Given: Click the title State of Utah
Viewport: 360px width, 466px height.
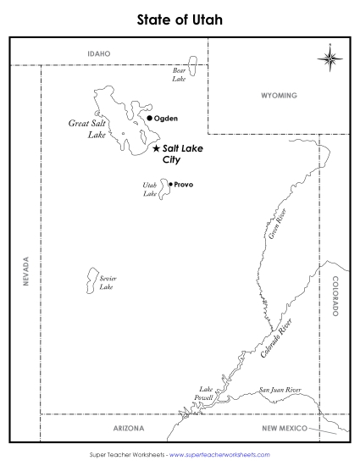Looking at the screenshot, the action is [x=180, y=18].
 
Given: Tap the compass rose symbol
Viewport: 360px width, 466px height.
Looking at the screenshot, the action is [x=330, y=58].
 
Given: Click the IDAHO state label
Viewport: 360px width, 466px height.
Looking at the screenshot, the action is [x=99, y=53].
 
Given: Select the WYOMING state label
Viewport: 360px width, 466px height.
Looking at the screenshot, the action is [x=279, y=95].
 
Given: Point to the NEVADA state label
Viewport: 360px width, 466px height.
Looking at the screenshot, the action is [x=26, y=272].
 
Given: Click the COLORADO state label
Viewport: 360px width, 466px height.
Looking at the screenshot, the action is [x=335, y=296].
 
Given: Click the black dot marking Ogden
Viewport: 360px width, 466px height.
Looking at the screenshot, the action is [x=149, y=119].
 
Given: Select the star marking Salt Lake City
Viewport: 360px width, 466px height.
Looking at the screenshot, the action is [x=156, y=147].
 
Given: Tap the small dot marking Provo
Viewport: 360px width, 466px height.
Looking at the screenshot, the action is [x=170, y=184].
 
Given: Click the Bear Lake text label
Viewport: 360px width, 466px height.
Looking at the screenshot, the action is [x=180, y=75].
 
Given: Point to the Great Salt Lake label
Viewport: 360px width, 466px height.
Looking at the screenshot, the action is [x=86, y=129].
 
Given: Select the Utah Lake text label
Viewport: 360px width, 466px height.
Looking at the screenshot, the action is [x=151, y=188].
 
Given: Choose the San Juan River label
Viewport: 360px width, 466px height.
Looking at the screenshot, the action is [x=280, y=390].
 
